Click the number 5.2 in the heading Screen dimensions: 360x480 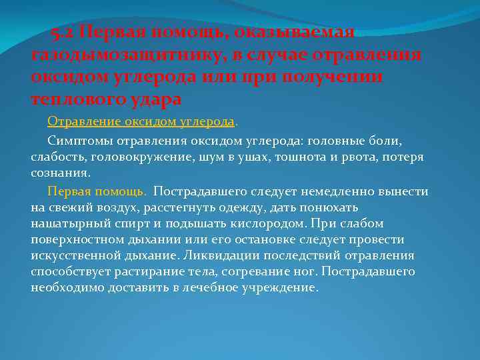click(x=63, y=33)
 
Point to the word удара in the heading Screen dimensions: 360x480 click(x=155, y=99)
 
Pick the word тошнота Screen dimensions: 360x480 click(x=299, y=157)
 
